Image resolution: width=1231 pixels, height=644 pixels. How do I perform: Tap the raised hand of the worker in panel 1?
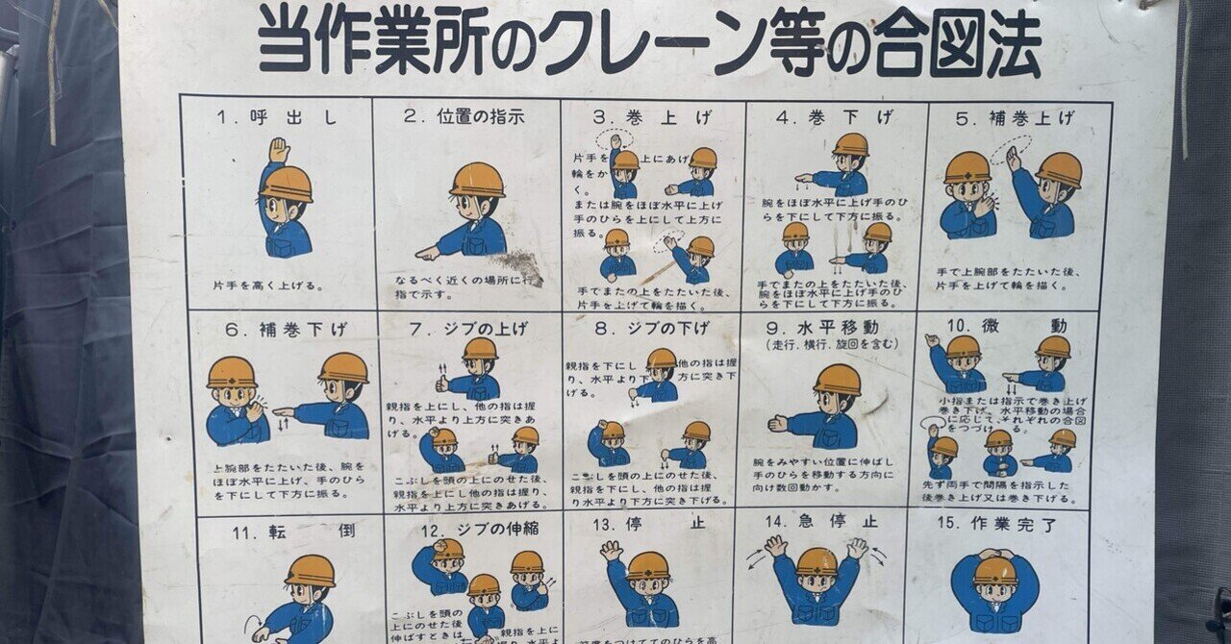[x=279, y=149]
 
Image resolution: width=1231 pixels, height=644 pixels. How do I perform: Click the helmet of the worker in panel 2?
[x=477, y=179]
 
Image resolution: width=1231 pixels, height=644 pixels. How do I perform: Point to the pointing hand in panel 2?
[x=427, y=253]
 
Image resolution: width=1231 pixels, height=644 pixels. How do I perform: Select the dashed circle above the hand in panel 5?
[x=1011, y=146]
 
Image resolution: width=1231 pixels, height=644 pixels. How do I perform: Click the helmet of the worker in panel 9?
[x=837, y=379]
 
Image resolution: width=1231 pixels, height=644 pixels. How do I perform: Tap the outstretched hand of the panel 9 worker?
[x=778, y=423]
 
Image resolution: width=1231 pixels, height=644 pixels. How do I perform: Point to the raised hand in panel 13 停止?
[x=611, y=551]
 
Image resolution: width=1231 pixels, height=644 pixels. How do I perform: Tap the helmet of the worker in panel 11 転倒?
[x=310, y=570]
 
